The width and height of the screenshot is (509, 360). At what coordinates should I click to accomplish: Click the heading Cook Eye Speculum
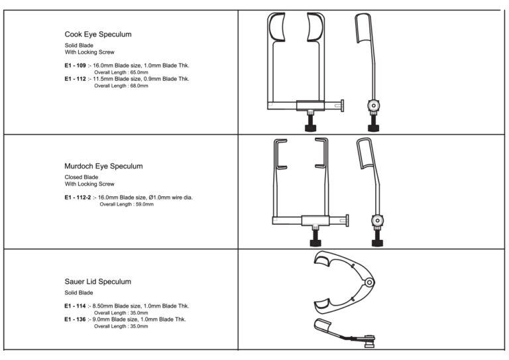(x=98, y=34)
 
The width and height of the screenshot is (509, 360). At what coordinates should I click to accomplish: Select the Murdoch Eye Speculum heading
(x=103, y=166)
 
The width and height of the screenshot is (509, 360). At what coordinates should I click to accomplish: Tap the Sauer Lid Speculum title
(x=97, y=282)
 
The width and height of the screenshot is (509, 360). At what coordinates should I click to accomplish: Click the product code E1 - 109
(x=75, y=65)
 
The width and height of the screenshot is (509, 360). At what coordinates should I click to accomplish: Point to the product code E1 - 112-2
(x=78, y=197)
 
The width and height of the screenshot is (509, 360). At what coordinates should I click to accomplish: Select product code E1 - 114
(x=75, y=306)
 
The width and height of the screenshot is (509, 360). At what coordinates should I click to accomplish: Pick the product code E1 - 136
(x=75, y=319)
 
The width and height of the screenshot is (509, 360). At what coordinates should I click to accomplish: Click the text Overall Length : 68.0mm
(x=121, y=86)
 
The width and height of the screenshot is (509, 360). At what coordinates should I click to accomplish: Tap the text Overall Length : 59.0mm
(x=127, y=204)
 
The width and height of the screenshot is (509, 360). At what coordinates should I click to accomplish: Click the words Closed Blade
(x=81, y=177)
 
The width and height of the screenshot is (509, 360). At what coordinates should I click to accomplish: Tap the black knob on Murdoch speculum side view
(x=377, y=243)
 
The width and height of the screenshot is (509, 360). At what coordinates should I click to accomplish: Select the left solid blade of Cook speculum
(x=277, y=27)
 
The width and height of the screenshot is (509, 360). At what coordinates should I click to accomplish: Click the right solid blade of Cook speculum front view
(x=315, y=27)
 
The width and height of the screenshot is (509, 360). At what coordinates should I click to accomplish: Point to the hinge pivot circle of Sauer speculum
(x=369, y=282)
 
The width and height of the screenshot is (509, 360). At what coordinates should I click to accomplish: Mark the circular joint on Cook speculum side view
(x=374, y=105)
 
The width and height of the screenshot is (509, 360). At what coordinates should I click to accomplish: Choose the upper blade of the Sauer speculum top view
(x=322, y=260)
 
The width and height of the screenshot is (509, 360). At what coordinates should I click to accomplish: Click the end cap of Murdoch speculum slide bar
(x=347, y=221)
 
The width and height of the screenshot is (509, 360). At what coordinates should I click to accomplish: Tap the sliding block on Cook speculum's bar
(x=310, y=106)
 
